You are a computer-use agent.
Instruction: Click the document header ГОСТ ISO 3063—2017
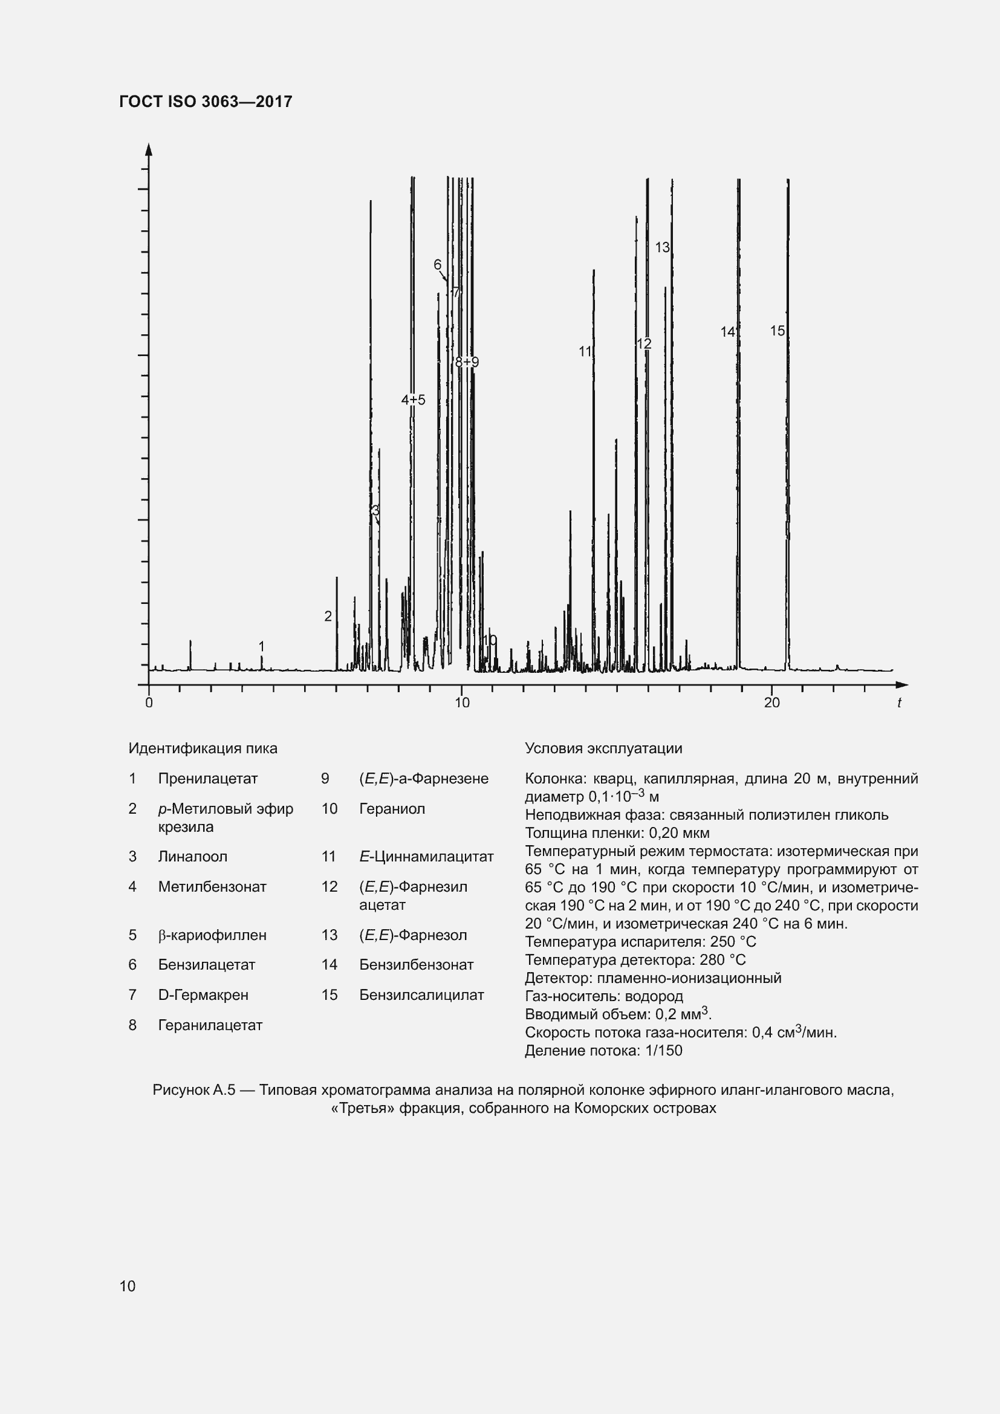point(206,102)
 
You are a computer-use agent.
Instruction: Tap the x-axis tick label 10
point(462,702)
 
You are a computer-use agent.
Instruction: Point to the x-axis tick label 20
point(771,702)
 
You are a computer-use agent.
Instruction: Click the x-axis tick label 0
point(149,702)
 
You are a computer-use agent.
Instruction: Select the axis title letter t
point(899,702)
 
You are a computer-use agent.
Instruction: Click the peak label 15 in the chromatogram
point(777,331)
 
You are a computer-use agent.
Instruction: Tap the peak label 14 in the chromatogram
point(728,332)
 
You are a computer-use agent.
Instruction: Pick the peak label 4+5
point(413,400)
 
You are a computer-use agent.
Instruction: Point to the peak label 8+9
point(467,362)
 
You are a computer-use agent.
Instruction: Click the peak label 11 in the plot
point(585,351)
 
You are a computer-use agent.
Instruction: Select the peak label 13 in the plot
point(662,247)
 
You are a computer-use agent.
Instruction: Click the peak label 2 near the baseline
point(328,616)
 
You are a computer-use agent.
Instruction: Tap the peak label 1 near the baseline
point(262,646)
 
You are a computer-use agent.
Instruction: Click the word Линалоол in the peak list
point(193,856)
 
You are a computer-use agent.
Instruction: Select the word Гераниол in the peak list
point(392,809)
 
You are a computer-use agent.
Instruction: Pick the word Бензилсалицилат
point(421,994)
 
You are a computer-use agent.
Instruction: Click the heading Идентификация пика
point(203,748)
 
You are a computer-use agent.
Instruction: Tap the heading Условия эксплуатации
point(603,748)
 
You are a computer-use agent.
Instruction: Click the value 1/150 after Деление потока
point(664,1050)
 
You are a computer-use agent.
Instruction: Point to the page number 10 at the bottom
point(128,1286)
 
